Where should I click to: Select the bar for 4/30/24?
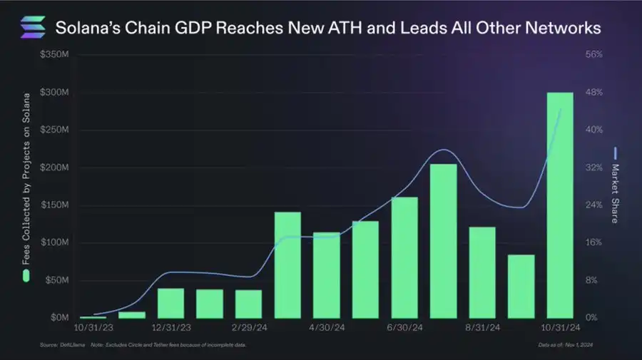(x=327, y=275)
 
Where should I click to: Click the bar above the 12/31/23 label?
(x=170, y=303)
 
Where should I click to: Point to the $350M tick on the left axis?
(x=55, y=55)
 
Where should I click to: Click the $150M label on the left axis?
(x=55, y=205)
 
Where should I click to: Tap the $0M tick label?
(x=58, y=317)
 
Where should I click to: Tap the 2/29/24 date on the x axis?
(x=250, y=329)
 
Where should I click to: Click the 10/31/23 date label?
(x=93, y=329)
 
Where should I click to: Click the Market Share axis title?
(x=615, y=192)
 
